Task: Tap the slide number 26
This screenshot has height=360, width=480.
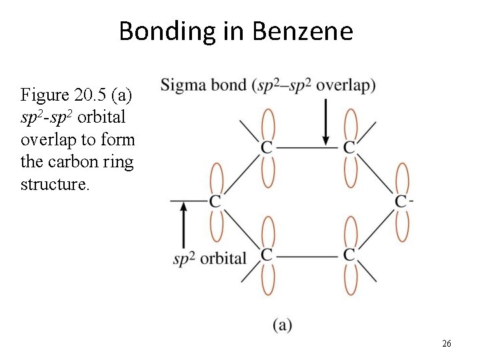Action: (447, 343)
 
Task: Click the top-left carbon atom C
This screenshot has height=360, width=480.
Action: (267, 147)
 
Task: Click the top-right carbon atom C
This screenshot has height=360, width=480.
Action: (349, 147)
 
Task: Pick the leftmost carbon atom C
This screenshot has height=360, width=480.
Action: (215, 201)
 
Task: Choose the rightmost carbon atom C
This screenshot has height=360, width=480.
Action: (401, 201)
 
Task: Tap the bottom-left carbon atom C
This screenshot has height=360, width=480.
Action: (267, 255)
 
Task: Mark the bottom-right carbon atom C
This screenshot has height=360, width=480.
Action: (349, 255)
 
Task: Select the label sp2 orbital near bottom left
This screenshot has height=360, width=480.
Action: (209, 258)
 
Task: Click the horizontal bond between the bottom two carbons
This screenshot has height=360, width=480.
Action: (307, 255)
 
